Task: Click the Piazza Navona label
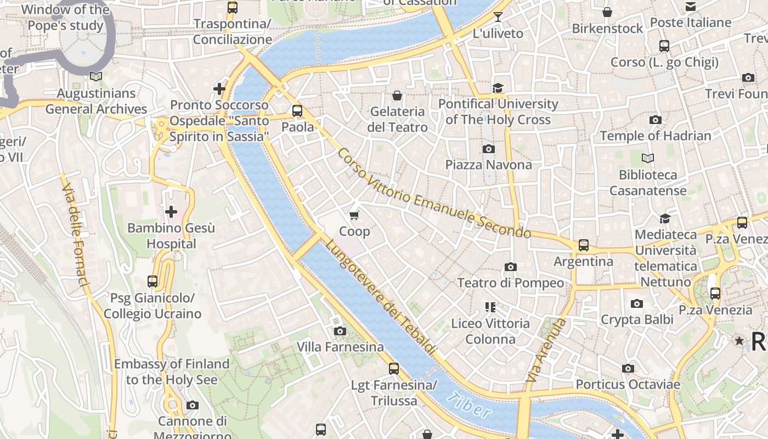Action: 488,165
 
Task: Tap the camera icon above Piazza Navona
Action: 488,149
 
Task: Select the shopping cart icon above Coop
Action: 354,215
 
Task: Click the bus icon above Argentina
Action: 584,245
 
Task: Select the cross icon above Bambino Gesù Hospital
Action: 171,211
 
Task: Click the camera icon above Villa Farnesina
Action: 340,331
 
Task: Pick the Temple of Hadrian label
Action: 655,136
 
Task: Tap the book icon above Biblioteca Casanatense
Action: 648,159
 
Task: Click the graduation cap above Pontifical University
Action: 498,88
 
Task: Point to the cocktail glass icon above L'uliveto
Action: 498,17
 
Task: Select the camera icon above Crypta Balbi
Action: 636,303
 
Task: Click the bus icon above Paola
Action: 297,111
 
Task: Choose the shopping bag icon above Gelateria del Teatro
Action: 397,95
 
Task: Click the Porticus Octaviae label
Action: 628,385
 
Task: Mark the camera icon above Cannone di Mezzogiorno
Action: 192,405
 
